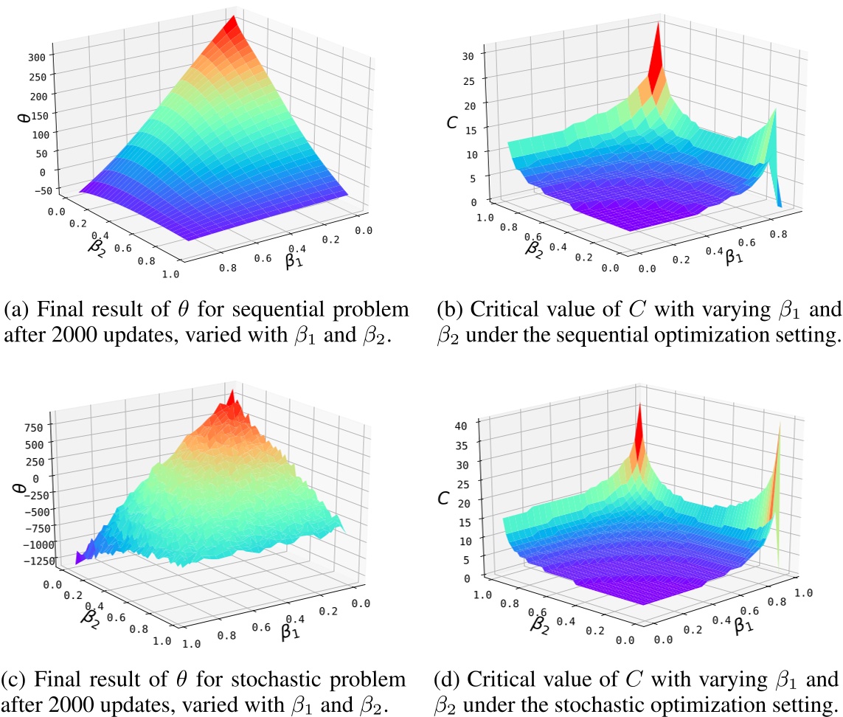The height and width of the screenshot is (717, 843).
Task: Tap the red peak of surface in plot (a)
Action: click(231, 27)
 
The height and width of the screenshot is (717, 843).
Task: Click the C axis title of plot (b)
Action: click(451, 123)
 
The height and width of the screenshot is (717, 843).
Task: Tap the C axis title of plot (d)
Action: click(443, 498)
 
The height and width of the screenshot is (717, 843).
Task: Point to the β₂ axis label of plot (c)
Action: click(91, 604)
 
